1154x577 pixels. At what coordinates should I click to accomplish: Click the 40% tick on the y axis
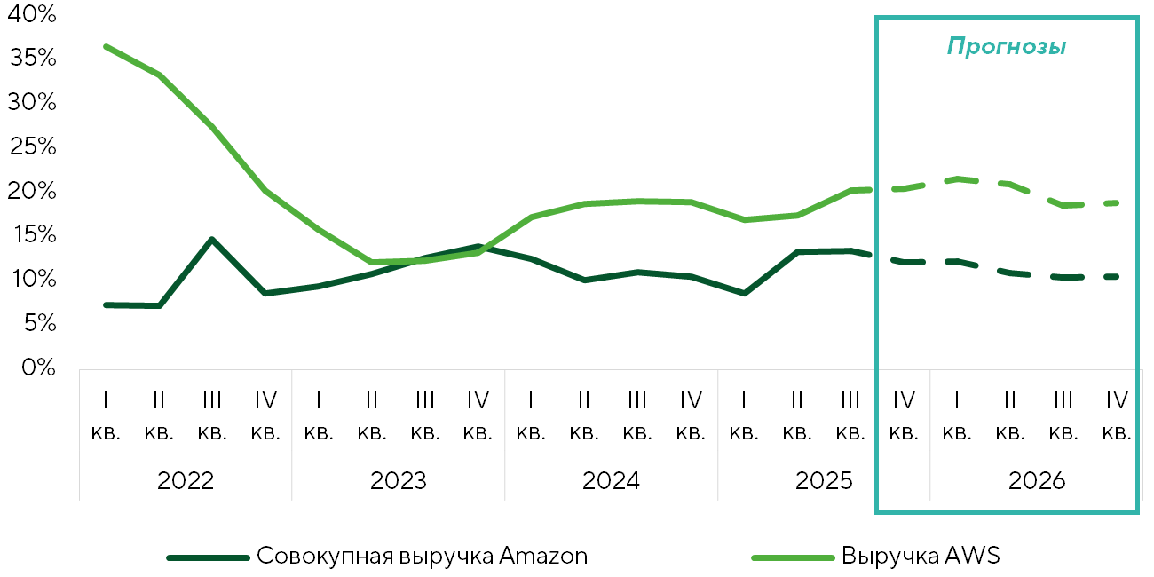31,14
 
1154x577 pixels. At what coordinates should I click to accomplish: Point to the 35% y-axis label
33,58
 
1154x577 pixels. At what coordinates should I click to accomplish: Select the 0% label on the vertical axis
39,368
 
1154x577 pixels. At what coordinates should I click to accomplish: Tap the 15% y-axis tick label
33,234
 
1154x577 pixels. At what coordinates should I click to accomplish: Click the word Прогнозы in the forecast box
1006,46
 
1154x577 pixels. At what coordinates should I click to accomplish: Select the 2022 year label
186,480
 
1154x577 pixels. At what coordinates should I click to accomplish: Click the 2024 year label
611,480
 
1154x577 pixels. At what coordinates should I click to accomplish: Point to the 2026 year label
1037,480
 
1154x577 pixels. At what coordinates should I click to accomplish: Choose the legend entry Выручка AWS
921,556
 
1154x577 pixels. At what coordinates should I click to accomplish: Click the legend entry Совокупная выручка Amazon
422,556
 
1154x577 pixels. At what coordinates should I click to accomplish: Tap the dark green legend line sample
208,557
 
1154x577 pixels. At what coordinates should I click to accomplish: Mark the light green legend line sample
793,557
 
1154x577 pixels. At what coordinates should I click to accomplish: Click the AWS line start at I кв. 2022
107,47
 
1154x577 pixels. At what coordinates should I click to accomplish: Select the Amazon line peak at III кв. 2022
212,240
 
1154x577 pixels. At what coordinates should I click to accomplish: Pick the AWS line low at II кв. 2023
372,262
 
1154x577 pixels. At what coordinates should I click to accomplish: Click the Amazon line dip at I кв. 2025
744,293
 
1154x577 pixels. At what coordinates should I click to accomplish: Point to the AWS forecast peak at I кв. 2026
957,179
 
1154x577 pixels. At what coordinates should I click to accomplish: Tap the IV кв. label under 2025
905,415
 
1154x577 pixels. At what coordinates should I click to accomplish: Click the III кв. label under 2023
425,415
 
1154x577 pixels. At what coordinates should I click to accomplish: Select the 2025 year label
824,480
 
